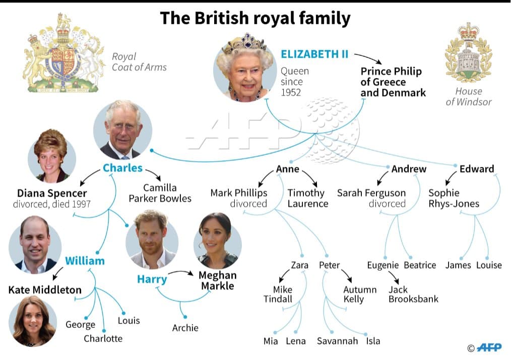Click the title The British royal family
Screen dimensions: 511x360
pyautogui.click(x=255, y=18)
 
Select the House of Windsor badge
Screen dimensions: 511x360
pyautogui.click(x=469, y=52)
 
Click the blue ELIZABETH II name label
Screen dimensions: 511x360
pyautogui.click(x=314, y=54)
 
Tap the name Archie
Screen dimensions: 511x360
pyautogui.click(x=185, y=328)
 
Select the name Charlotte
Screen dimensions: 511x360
pyautogui.click(x=103, y=338)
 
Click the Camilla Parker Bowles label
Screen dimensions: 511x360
pyautogui.click(x=160, y=193)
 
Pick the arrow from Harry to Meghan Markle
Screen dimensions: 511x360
pyautogui.click(x=181, y=273)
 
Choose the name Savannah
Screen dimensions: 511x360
pyautogui.click(x=337, y=341)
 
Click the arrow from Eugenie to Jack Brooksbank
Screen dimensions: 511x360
pyautogui.click(x=394, y=277)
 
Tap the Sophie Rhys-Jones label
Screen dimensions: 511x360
pyautogui.click(x=454, y=198)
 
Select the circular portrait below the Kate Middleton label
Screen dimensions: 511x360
pyautogui.click(x=33, y=321)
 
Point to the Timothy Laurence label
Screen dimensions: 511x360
pyautogui.click(x=307, y=198)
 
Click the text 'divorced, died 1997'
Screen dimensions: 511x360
pyautogui.click(x=52, y=204)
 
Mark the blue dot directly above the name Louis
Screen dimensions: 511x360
pyautogui.click(x=123, y=314)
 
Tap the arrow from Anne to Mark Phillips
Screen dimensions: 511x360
pyautogui.click(x=265, y=178)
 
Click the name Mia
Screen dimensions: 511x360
pyautogui.click(x=271, y=341)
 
